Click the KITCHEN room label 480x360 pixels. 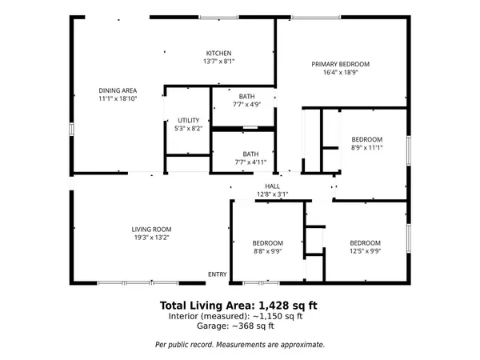point(218,53)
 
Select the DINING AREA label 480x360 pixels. point(118,90)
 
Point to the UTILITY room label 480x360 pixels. point(189,120)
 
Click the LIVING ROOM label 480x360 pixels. point(152,230)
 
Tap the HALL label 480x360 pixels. point(272,186)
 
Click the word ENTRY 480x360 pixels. point(218,274)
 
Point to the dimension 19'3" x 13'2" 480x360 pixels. point(152,238)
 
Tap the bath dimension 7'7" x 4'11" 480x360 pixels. point(250,162)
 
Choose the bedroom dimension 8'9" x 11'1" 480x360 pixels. point(367,147)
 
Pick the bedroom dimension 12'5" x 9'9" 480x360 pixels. point(364,251)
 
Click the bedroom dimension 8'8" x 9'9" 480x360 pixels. point(267,251)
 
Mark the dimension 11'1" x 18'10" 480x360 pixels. point(118,98)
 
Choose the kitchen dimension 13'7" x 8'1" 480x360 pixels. point(218,61)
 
